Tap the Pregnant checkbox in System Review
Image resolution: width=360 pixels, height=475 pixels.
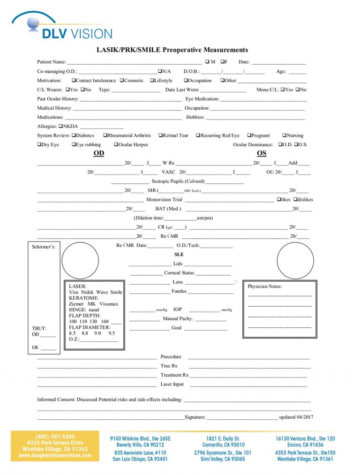point(249,136)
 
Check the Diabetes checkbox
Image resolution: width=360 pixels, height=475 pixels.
point(74,136)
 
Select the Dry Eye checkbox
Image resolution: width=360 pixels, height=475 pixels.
point(39,145)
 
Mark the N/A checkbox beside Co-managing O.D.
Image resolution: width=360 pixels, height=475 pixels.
point(160,71)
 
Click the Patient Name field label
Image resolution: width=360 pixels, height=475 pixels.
point(52,62)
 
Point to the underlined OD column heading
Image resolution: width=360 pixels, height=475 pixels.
point(98,154)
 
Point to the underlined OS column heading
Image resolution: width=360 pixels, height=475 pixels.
point(262,154)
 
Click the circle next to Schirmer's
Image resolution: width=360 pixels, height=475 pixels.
point(80,260)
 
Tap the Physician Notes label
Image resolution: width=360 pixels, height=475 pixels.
point(264,286)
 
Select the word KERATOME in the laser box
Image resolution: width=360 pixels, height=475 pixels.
point(84,298)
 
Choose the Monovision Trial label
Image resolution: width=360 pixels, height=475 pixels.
point(164,200)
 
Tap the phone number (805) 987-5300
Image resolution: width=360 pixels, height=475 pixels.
point(55,437)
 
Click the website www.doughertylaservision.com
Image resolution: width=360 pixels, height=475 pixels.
point(55,455)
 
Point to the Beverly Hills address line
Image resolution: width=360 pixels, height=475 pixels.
point(140,445)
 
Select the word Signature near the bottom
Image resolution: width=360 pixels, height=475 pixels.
point(195,417)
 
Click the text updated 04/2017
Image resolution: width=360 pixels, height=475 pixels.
point(296,417)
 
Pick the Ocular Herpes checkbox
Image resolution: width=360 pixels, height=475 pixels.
point(116,145)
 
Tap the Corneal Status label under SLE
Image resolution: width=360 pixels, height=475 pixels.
point(179,273)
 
